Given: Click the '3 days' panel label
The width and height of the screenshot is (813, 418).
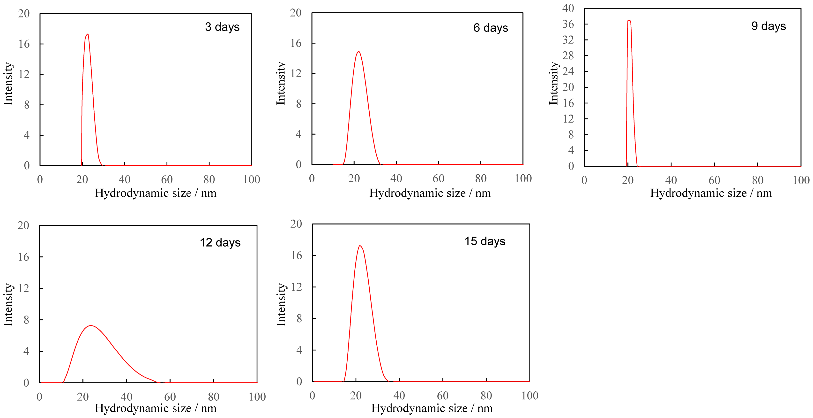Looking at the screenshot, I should [x=222, y=27].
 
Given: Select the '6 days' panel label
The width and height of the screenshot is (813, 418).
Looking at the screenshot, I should [x=491, y=28].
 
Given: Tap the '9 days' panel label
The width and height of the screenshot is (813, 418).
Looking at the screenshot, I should [x=768, y=26].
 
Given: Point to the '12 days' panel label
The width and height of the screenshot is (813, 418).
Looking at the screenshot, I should [x=220, y=242].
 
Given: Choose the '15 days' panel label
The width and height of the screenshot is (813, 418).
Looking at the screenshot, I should [x=485, y=241].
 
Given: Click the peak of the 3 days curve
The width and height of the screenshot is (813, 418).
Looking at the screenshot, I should [x=87, y=34].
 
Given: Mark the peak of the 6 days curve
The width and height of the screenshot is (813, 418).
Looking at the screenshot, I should [x=358, y=52].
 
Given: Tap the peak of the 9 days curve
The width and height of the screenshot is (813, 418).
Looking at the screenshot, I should [x=629, y=21].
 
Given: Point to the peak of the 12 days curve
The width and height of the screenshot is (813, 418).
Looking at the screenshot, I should [x=91, y=325].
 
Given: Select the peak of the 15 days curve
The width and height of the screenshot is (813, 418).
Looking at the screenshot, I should [x=360, y=246].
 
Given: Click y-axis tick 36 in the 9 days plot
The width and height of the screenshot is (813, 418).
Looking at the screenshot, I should [x=568, y=24].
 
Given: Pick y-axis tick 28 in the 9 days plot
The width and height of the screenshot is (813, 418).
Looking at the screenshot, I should [x=568, y=56].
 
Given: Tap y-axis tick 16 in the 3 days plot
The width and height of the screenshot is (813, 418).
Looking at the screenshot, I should [x=24, y=44].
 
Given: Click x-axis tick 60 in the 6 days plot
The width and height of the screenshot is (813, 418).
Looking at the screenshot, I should [x=438, y=178].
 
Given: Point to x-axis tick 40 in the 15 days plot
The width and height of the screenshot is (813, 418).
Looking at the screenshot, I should [x=399, y=395].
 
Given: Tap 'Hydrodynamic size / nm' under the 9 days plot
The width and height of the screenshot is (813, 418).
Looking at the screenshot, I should [x=711, y=193].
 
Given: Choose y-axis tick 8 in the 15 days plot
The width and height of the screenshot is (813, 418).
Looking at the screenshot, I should [x=299, y=318].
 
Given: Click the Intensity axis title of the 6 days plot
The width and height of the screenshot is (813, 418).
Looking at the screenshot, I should [x=281, y=83].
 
